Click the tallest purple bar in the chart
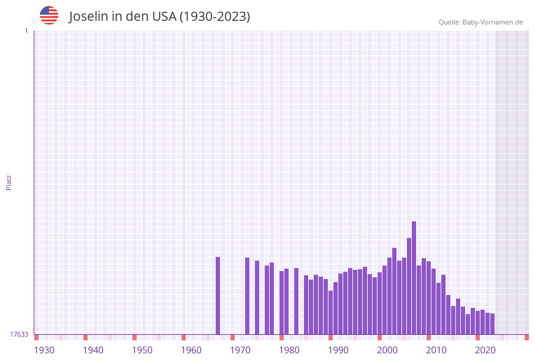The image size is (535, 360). pyautogui.click(x=414, y=278)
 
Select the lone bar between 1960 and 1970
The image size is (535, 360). pyautogui.click(x=218, y=296)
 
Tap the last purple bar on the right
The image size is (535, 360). pyautogui.click(x=492, y=324)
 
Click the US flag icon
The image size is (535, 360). pyautogui.click(x=49, y=15)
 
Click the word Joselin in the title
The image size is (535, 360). pyautogui.click(x=88, y=17)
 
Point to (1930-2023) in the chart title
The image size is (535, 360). pyautogui.click(x=214, y=17)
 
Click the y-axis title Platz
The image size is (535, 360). pyautogui.click(x=9, y=182)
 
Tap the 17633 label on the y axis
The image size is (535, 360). pyautogui.click(x=19, y=334)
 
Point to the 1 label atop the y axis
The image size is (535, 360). pyautogui.click(x=26, y=31)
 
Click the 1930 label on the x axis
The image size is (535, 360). pyautogui.click(x=44, y=350)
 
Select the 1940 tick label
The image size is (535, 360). pyautogui.click(x=93, y=350)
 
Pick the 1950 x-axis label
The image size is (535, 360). pyautogui.click(x=142, y=350)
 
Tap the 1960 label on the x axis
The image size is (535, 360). pyautogui.click(x=191, y=350)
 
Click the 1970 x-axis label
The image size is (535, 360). pyautogui.click(x=240, y=350)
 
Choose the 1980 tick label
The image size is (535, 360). pyautogui.click(x=289, y=350)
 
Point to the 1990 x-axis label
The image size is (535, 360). pyautogui.click(x=338, y=350)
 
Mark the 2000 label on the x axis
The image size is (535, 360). pyautogui.click(x=387, y=350)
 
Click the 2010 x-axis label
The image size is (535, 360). pyautogui.click(x=436, y=350)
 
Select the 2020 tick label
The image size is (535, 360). pyautogui.click(x=485, y=350)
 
